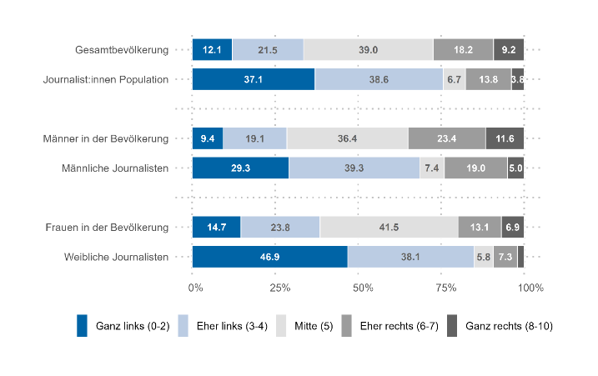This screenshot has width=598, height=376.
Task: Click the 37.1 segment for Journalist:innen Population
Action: tap(253, 79)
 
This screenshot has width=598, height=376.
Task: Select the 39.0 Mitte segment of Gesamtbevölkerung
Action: tap(368, 50)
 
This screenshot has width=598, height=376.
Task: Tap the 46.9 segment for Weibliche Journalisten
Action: tap(269, 257)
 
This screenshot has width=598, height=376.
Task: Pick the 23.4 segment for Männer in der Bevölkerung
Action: tap(446, 138)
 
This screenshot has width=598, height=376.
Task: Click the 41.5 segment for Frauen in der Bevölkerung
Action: tap(389, 227)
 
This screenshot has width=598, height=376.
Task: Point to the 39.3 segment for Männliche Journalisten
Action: tap(354, 168)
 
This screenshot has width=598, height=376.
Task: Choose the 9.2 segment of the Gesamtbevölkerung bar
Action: tap(509, 50)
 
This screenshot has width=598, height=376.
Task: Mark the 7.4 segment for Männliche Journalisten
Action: tap(431, 168)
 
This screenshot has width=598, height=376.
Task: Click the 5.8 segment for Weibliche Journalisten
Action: tap(484, 257)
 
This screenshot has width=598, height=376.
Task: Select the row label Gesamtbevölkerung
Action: tap(122, 50)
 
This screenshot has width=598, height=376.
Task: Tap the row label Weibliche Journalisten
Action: tap(117, 257)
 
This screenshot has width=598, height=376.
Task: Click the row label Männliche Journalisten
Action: tap(115, 168)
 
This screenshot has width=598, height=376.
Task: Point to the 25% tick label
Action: tap(279, 288)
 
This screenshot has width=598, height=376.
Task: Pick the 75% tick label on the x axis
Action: tap(446, 288)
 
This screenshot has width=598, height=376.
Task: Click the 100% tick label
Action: tap(530, 288)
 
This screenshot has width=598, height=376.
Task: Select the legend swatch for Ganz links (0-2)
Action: tap(82, 325)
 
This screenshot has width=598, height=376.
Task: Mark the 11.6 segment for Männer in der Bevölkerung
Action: tap(505, 138)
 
